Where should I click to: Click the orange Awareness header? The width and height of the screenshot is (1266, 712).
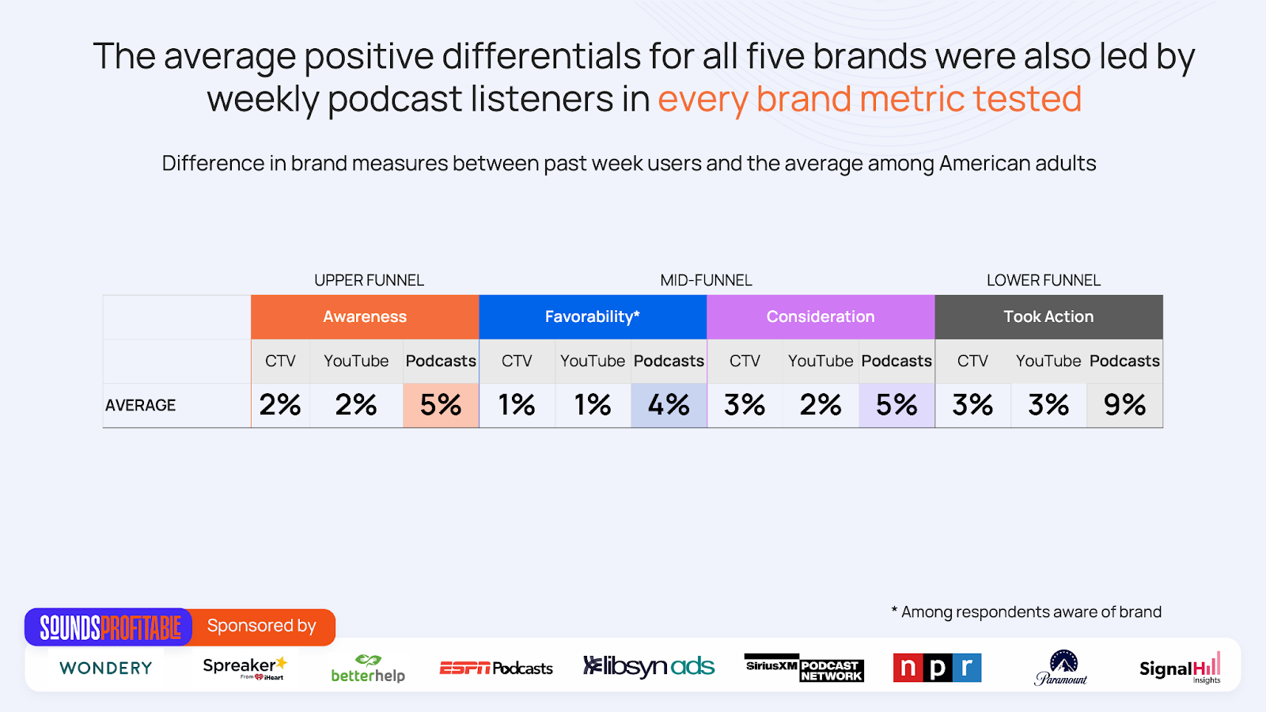coord(365,317)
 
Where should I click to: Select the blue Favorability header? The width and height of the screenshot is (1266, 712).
coord(593,317)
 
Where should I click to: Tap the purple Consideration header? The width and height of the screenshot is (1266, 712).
coord(821,317)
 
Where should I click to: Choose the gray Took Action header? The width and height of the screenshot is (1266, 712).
coord(1049,317)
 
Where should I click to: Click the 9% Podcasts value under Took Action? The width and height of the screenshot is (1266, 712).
coord(1124,405)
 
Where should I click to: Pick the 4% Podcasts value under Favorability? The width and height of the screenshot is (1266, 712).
coord(669,405)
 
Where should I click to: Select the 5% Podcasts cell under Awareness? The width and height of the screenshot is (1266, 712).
coord(441,405)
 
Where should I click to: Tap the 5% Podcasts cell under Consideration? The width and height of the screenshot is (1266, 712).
coord(896,405)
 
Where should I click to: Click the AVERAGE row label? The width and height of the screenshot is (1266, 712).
coord(140,405)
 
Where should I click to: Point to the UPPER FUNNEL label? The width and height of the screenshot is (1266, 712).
coord(369,280)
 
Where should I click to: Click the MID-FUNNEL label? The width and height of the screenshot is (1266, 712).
coord(706,280)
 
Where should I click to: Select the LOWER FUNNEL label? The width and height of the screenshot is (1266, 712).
coord(1044,280)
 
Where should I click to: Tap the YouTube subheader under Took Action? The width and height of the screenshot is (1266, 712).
coord(1048,361)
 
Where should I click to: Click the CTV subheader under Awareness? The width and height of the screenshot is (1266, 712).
coord(280,361)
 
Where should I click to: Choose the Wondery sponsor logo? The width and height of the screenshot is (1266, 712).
coord(106,668)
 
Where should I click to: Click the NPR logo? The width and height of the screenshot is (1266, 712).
coord(937,668)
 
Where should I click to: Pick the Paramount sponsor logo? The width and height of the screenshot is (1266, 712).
coord(1061,668)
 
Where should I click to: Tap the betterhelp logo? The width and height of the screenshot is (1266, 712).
coord(368,668)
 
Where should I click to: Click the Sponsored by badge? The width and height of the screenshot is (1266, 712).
coord(262,626)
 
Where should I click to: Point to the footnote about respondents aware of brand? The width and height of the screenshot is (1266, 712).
coord(1026,612)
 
